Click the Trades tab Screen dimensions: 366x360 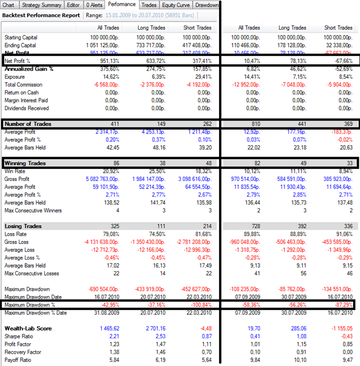click(x=150, y=5)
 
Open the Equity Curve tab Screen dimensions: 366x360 click(x=175, y=5)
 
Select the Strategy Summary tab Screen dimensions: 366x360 click(x=44, y=5)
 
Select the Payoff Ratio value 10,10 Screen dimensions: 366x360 click(x=298, y=360)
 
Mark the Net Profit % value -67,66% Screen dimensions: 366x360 click(x=339, y=60)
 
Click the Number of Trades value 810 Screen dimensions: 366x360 click(x=255, y=123)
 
